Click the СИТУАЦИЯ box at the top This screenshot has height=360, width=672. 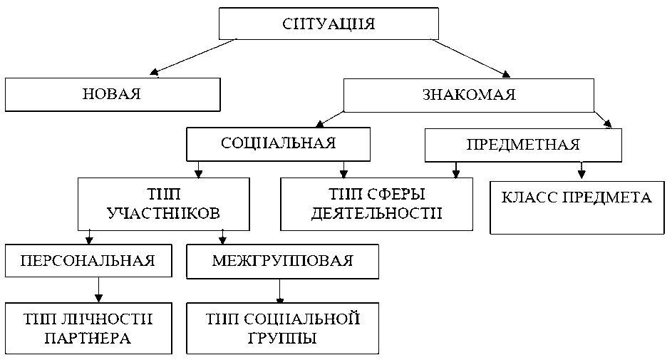(x=329, y=24)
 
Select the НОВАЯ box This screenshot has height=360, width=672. (x=112, y=94)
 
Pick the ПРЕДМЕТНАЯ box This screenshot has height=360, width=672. (x=523, y=145)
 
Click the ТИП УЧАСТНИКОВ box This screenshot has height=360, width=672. (x=163, y=203)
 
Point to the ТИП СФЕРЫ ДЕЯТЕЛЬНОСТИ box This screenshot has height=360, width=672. (x=376, y=204)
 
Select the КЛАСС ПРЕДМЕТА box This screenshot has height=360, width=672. (x=577, y=207)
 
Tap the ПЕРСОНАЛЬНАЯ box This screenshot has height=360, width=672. (x=89, y=260)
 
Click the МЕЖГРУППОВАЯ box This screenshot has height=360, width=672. (x=282, y=260)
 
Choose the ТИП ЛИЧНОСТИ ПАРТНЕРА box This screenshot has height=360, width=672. (x=89, y=328)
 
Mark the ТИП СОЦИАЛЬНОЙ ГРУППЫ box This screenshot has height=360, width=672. (x=282, y=328)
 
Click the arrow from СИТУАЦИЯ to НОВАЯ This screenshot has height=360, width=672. (x=192, y=56)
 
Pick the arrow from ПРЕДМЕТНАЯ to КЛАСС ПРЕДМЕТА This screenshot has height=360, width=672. (x=581, y=170)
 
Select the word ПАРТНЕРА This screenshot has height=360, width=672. (x=87, y=338)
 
